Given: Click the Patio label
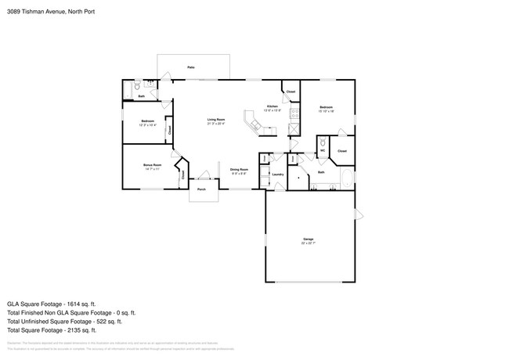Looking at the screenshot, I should [x=191, y=68].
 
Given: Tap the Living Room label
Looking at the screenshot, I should [x=216, y=120].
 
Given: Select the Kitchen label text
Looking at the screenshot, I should [x=272, y=106].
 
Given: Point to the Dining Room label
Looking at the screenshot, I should [x=239, y=169].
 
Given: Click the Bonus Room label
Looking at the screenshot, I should [x=152, y=165].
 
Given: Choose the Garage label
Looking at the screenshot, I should [x=309, y=239].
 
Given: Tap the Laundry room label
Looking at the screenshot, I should [x=277, y=175].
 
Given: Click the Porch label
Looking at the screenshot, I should [x=201, y=189].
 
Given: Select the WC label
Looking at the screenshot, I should [x=322, y=151].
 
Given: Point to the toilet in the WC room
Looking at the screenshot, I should [x=323, y=142].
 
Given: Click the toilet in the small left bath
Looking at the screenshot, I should [x=137, y=88].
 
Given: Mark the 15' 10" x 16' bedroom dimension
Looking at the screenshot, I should [x=326, y=111].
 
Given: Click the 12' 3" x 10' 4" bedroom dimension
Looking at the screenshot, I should [x=147, y=125].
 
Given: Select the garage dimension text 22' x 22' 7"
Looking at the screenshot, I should [x=309, y=243].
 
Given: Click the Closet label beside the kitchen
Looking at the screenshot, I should [x=291, y=92].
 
